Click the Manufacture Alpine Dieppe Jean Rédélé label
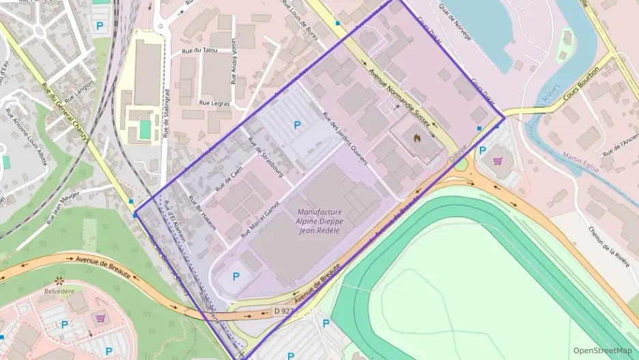pos(319,221)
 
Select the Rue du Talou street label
pos(199,50)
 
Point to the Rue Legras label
pos(214,102)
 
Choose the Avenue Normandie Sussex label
pos(400,93)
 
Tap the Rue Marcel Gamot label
pos(260,219)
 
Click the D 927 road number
pos(283,311)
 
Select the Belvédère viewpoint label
pos(58,291)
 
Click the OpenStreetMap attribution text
pos(602,350)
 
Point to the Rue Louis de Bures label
pos(300,21)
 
